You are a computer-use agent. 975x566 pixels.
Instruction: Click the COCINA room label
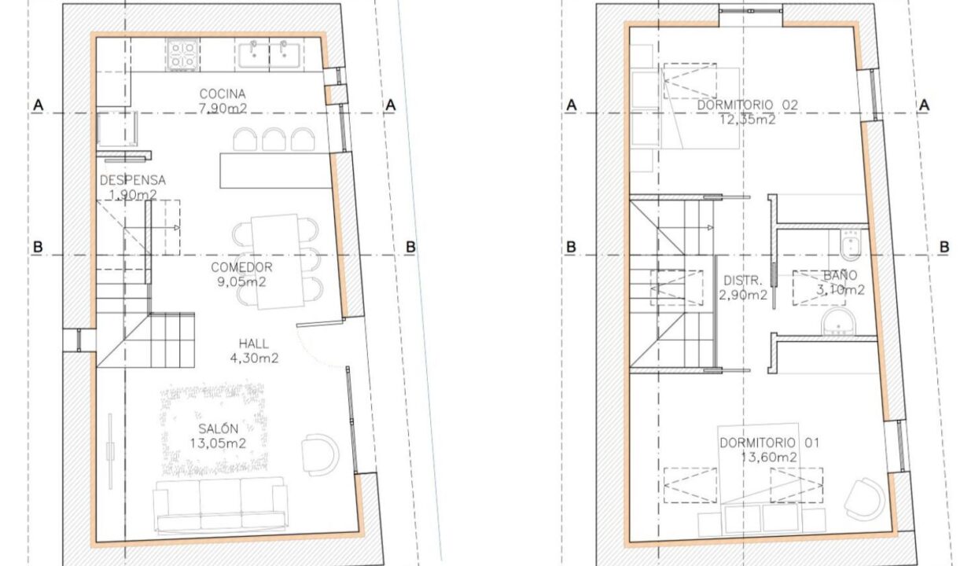click(x=223, y=94)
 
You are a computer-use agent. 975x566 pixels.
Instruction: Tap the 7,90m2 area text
click(x=223, y=108)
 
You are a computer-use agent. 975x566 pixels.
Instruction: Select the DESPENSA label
click(x=133, y=180)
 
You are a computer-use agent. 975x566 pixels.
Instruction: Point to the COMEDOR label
click(x=241, y=267)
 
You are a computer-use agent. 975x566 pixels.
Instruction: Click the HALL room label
click(x=254, y=344)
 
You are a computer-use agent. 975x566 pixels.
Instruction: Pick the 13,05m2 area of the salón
click(x=218, y=443)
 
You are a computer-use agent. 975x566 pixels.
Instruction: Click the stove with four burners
click(x=182, y=54)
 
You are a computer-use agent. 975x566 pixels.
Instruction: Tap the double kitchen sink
click(x=269, y=54)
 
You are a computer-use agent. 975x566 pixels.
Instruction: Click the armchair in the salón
click(x=320, y=454)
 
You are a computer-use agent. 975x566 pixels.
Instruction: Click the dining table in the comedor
click(x=278, y=262)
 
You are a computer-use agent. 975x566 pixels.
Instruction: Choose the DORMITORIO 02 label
click(x=747, y=105)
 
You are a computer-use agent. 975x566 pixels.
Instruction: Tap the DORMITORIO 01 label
click(x=769, y=443)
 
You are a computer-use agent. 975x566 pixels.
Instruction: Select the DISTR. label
click(x=743, y=280)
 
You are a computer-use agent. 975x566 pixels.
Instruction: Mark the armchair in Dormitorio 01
click(x=865, y=499)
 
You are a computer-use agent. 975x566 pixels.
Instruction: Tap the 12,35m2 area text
click(x=747, y=119)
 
